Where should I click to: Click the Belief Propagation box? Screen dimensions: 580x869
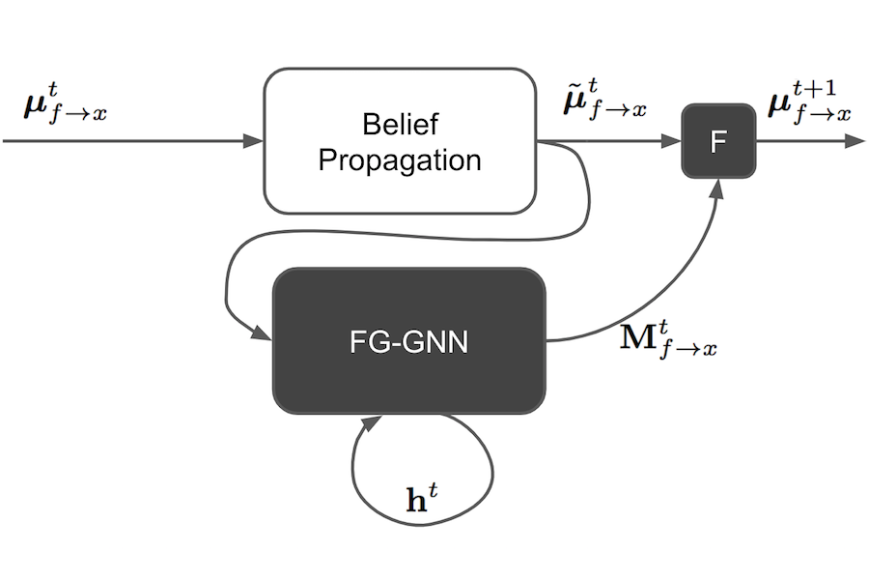(x=400, y=140)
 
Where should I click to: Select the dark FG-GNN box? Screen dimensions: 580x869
(x=409, y=340)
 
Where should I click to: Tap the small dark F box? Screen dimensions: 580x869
(x=718, y=141)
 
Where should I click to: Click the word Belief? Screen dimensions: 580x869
(x=400, y=125)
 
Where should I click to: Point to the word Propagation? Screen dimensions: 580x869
(x=400, y=159)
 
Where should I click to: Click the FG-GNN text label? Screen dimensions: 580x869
(x=409, y=341)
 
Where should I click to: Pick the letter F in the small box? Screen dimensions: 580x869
(x=718, y=142)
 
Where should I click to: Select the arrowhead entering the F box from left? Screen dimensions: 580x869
(x=672, y=141)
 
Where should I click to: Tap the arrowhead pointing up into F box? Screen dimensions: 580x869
(x=716, y=187)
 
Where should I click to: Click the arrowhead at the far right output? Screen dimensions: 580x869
(x=855, y=141)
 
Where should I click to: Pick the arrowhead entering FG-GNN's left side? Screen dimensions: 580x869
(x=263, y=334)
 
